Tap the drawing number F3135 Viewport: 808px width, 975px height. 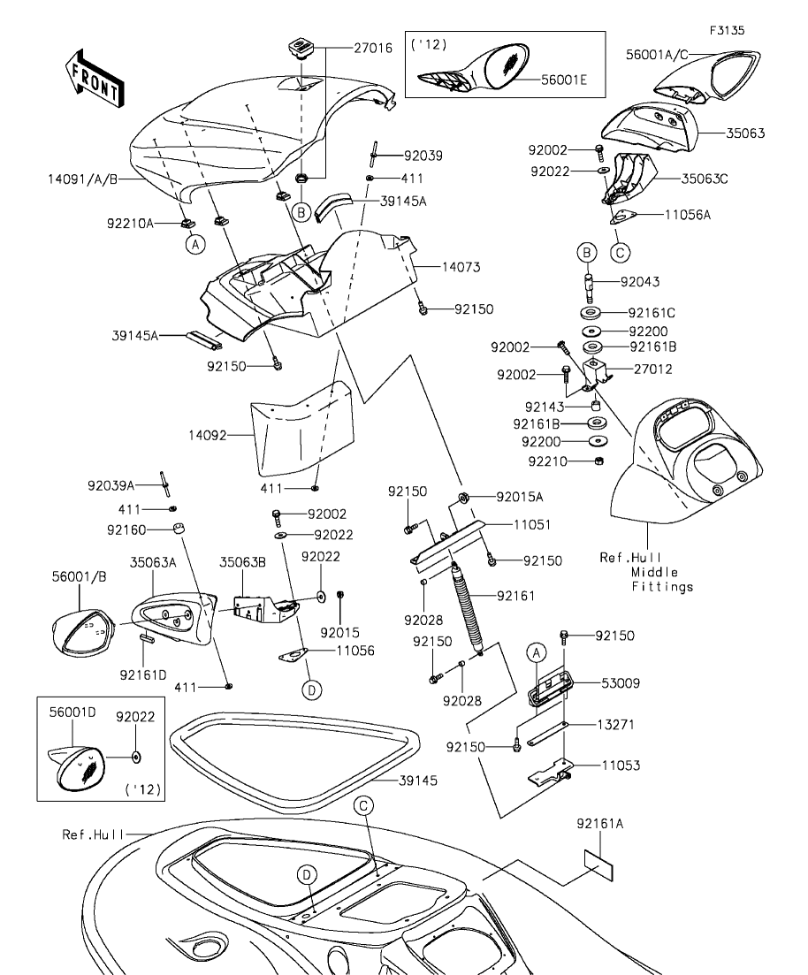click(726, 30)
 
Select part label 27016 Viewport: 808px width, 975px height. click(373, 49)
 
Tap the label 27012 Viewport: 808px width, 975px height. click(652, 369)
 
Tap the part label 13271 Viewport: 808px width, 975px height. click(620, 724)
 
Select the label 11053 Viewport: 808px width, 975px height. click(620, 765)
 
